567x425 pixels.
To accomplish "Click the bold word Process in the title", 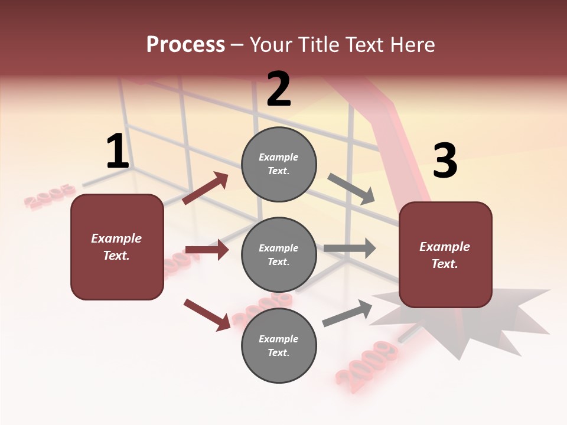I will tap(185, 44).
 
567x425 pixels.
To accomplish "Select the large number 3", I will tap(445, 161).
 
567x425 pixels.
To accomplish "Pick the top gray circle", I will tap(279, 164).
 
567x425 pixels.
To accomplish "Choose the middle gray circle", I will tap(279, 254).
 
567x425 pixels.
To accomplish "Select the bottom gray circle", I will tap(279, 345).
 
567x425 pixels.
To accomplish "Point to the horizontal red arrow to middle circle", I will tap(207, 250).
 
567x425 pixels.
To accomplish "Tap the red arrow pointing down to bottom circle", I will tap(207, 314).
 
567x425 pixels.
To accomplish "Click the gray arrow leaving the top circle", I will tap(351, 189).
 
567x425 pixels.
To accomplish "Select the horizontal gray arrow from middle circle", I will tap(350, 248).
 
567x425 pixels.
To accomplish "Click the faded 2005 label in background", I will tap(50, 197).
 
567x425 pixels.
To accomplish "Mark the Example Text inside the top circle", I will tap(279, 164).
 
